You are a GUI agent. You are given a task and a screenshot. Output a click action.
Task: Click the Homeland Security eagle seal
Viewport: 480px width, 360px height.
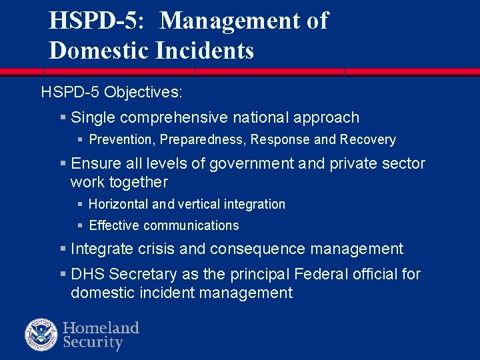pos(42,335)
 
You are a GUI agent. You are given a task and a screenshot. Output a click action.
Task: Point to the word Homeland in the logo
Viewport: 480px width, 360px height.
pos(101,327)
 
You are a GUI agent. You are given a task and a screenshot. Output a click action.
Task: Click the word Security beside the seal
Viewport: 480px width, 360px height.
pos(93,343)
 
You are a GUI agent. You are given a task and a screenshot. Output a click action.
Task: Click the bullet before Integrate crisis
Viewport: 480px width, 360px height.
pos(63,249)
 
